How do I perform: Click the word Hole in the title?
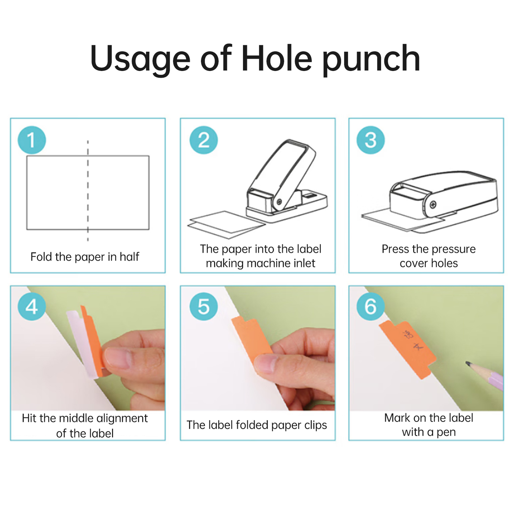click(276, 58)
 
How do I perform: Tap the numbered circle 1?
click(31, 140)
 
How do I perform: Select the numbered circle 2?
click(203, 140)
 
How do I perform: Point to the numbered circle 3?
click(370, 140)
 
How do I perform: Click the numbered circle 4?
click(31, 306)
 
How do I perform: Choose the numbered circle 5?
click(203, 306)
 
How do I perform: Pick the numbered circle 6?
click(370, 306)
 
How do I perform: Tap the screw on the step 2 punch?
click(279, 202)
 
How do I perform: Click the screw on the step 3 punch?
click(433, 204)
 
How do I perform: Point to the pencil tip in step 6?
click(468, 363)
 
